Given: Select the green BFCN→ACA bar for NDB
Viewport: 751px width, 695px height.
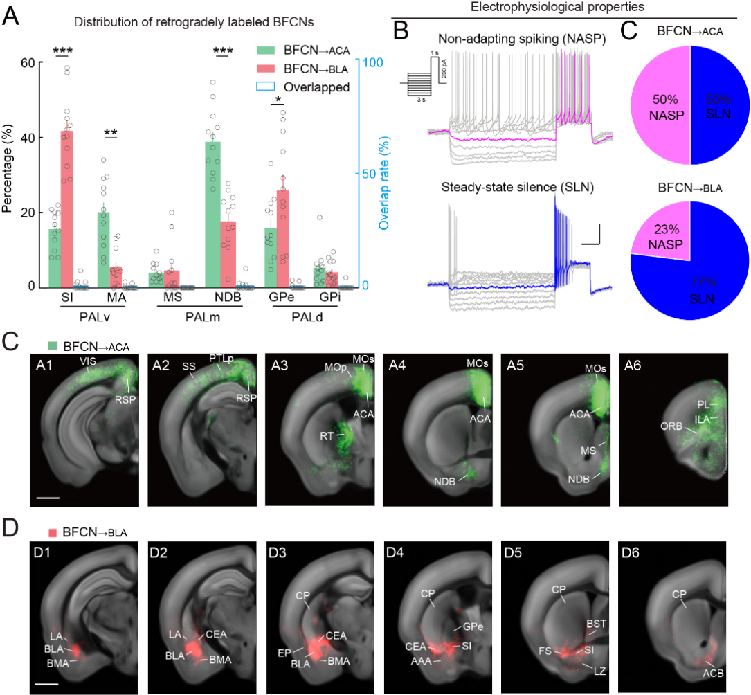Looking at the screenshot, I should pyautogui.click(x=216, y=214).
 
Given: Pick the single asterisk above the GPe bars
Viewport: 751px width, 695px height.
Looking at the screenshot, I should pyautogui.click(x=278, y=100).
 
